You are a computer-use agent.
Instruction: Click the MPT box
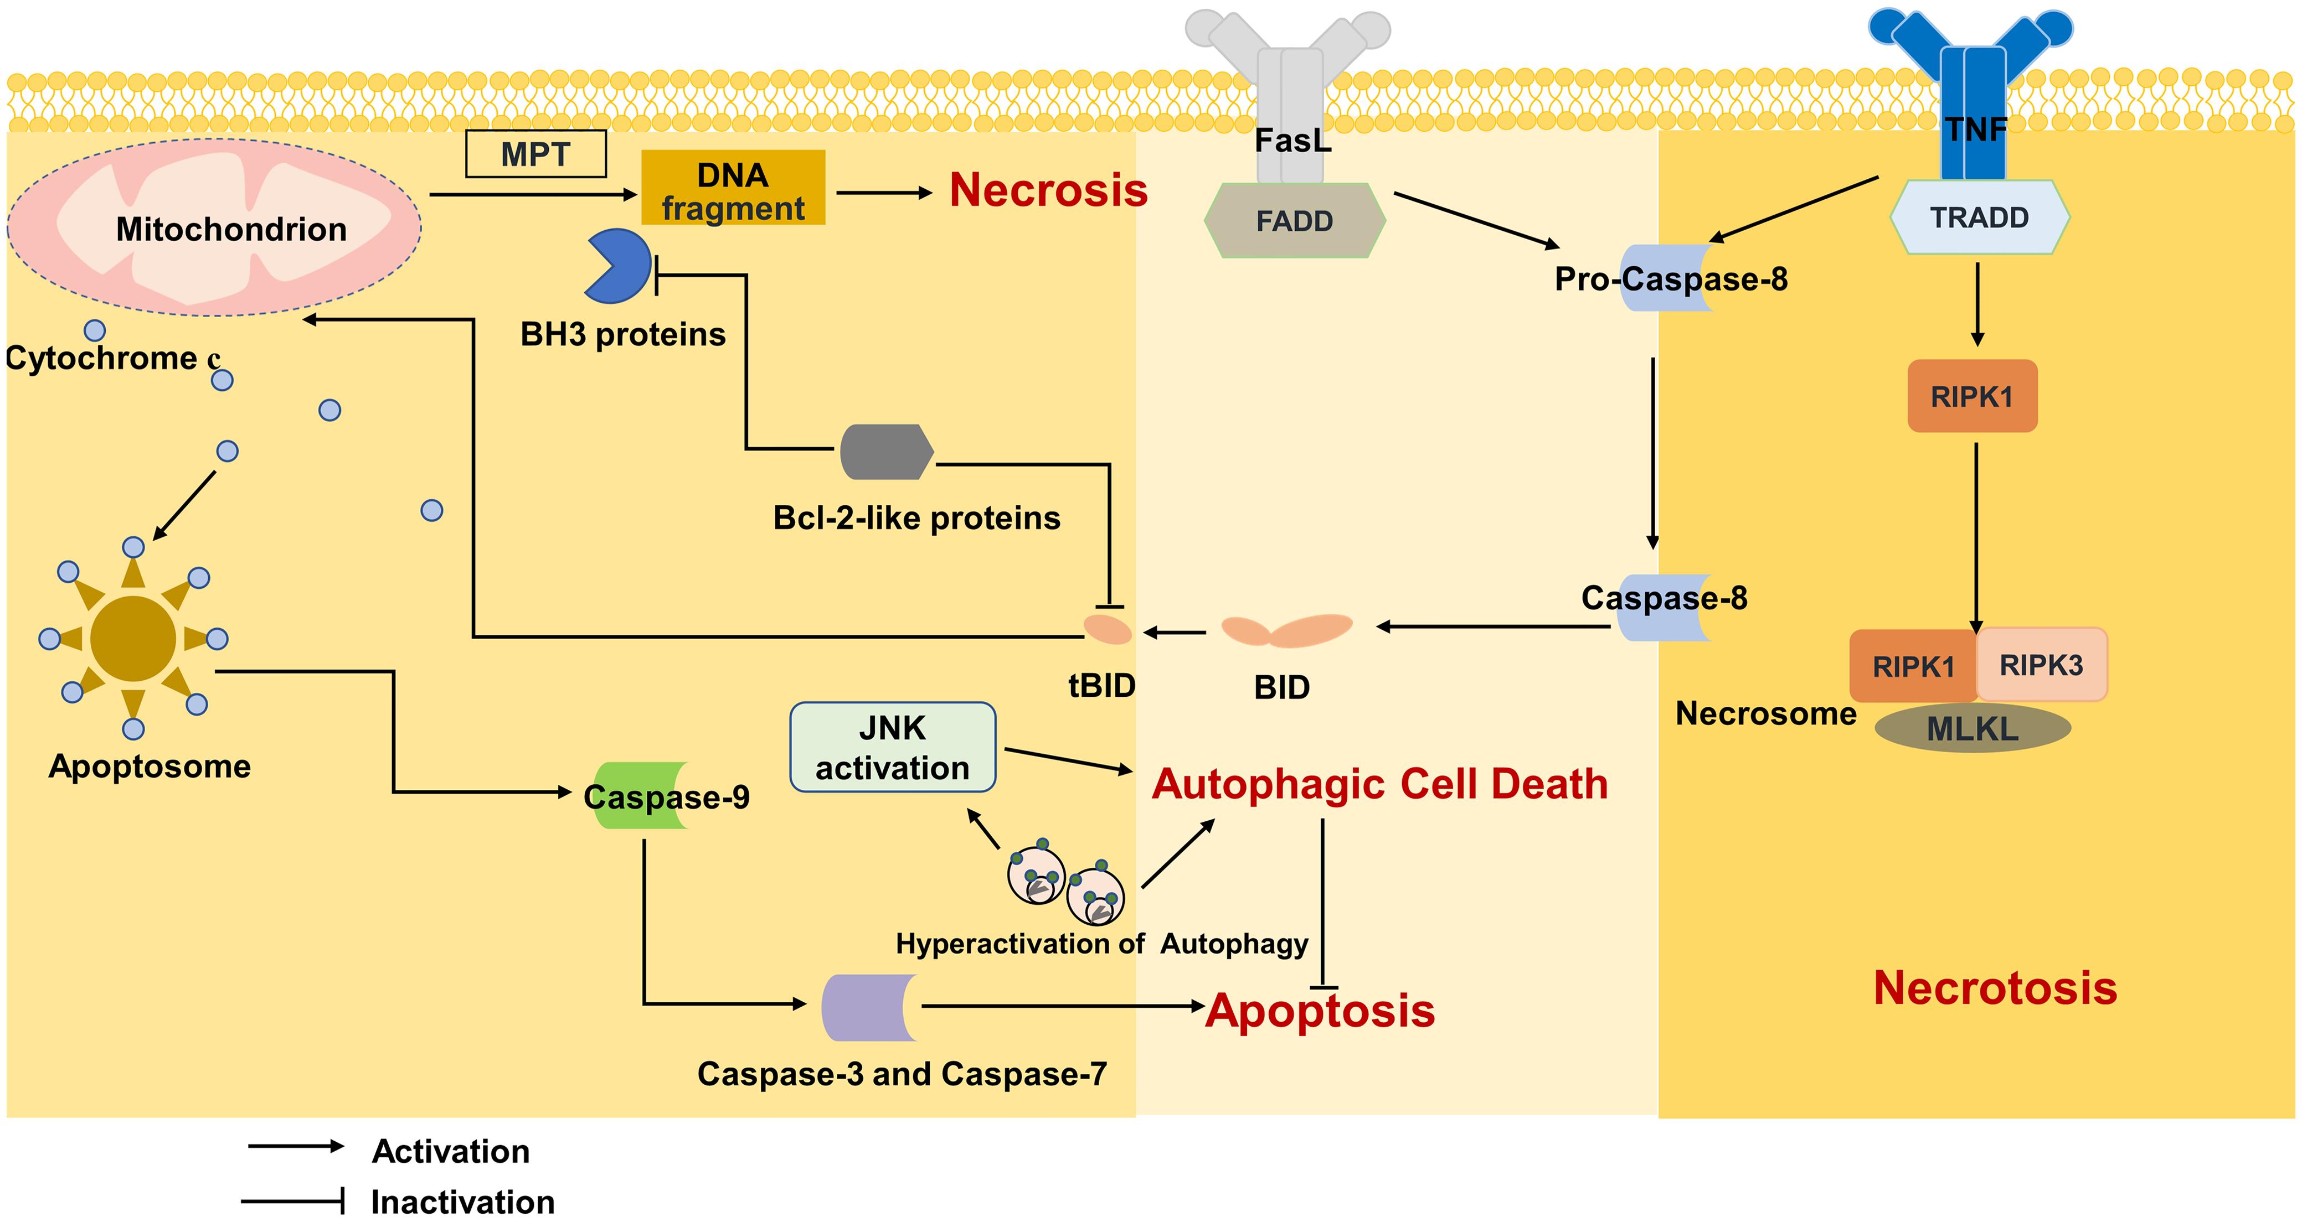tap(535, 154)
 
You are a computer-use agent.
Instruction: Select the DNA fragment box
tap(733, 188)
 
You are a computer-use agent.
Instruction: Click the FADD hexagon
tap(1294, 221)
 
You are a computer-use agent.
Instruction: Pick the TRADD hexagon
tap(1979, 217)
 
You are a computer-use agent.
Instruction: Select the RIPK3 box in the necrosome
tap(2041, 665)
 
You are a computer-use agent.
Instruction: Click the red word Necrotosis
tap(1995, 988)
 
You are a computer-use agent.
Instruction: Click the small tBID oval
tap(1107, 630)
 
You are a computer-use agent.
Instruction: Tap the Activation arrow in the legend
tap(295, 1146)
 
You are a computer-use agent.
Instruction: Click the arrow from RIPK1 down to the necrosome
tap(1976, 536)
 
